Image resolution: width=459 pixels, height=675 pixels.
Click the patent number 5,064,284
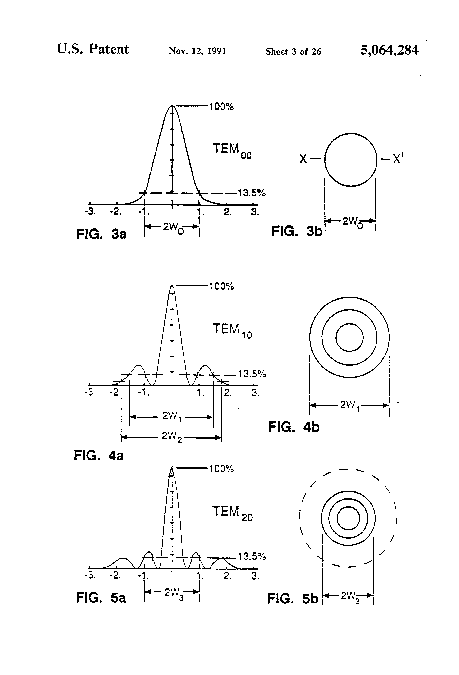(389, 51)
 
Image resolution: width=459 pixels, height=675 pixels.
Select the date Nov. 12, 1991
(197, 51)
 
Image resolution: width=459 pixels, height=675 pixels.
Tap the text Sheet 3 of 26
(293, 52)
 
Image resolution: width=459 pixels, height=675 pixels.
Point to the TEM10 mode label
(232, 331)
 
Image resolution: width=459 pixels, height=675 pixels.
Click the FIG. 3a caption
(101, 234)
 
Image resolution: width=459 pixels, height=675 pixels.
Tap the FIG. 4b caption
(294, 427)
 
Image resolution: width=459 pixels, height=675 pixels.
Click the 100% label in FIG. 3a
(222, 107)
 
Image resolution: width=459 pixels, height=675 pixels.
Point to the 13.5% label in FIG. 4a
(252, 374)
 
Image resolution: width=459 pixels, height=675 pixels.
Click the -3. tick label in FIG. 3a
(90, 212)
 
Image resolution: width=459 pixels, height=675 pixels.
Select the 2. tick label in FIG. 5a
(227, 576)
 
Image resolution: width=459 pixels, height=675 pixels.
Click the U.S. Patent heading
(93, 49)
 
